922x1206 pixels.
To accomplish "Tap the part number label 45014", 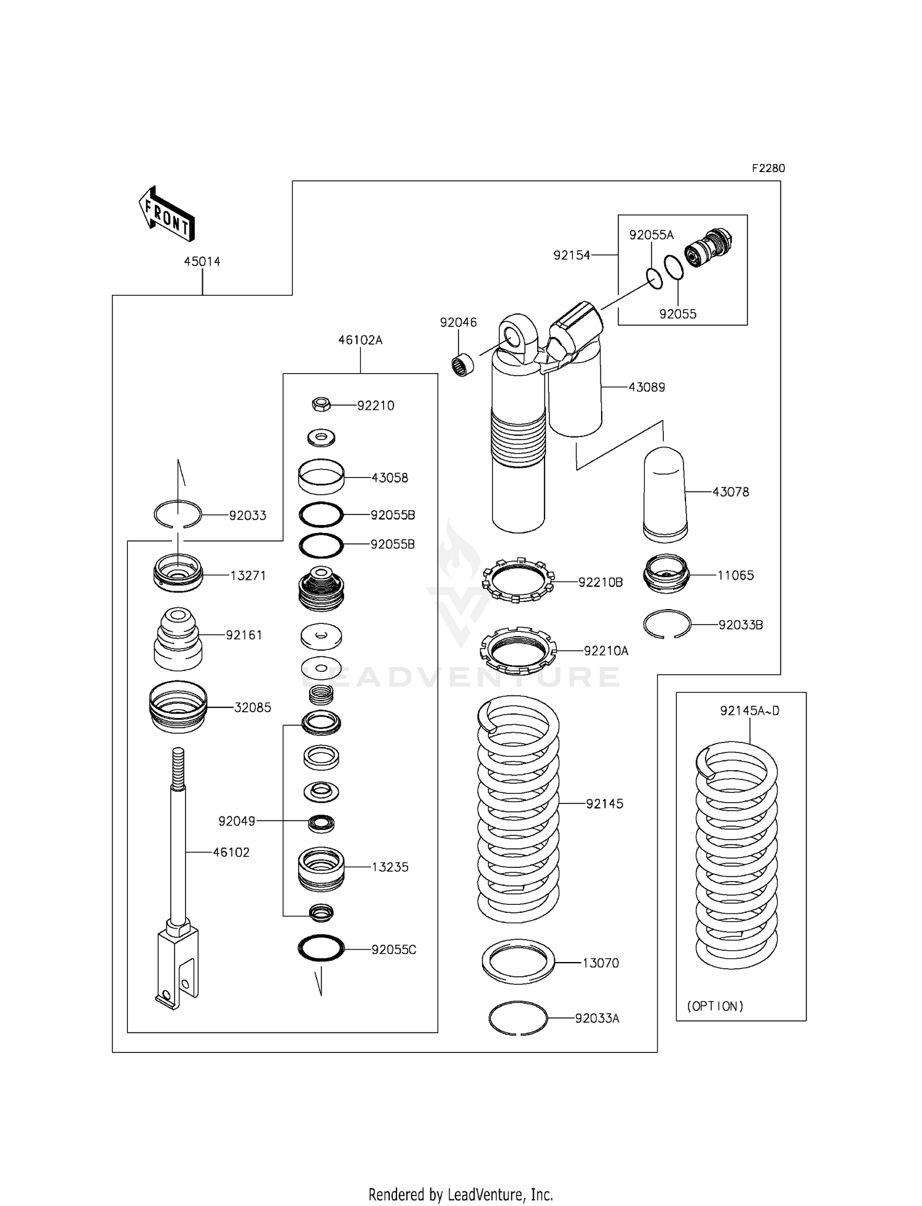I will pyautogui.click(x=202, y=261).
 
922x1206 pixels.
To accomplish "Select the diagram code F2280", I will pyautogui.click(x=768, y=168).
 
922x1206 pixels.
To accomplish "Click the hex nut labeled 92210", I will pyautogui.click(x=321, y=404).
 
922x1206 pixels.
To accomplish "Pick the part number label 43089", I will pyautogui.click(x=647, y=387).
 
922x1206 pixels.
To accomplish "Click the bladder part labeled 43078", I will pyautogui.click(x=665, y=495).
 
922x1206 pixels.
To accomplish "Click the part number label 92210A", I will pyautogui.click(x=606, y=650).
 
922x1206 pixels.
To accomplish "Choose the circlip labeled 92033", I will pyautogui.click(x=178, y=514).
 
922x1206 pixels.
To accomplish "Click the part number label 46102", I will pyautogui.click(x=231, y=853).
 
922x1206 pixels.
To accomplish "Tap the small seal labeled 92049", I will pyautogui.click(x=321, y=823).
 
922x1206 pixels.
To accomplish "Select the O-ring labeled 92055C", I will pyautogui.click(x=321, y=948).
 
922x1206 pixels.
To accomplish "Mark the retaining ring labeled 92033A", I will pyautogui.click(x=518, y=1019).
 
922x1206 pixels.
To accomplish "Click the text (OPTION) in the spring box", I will pyautogui.click(x=715, y=1006).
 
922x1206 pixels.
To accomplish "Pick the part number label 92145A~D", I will pyautogui.click(x=750, y=711).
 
